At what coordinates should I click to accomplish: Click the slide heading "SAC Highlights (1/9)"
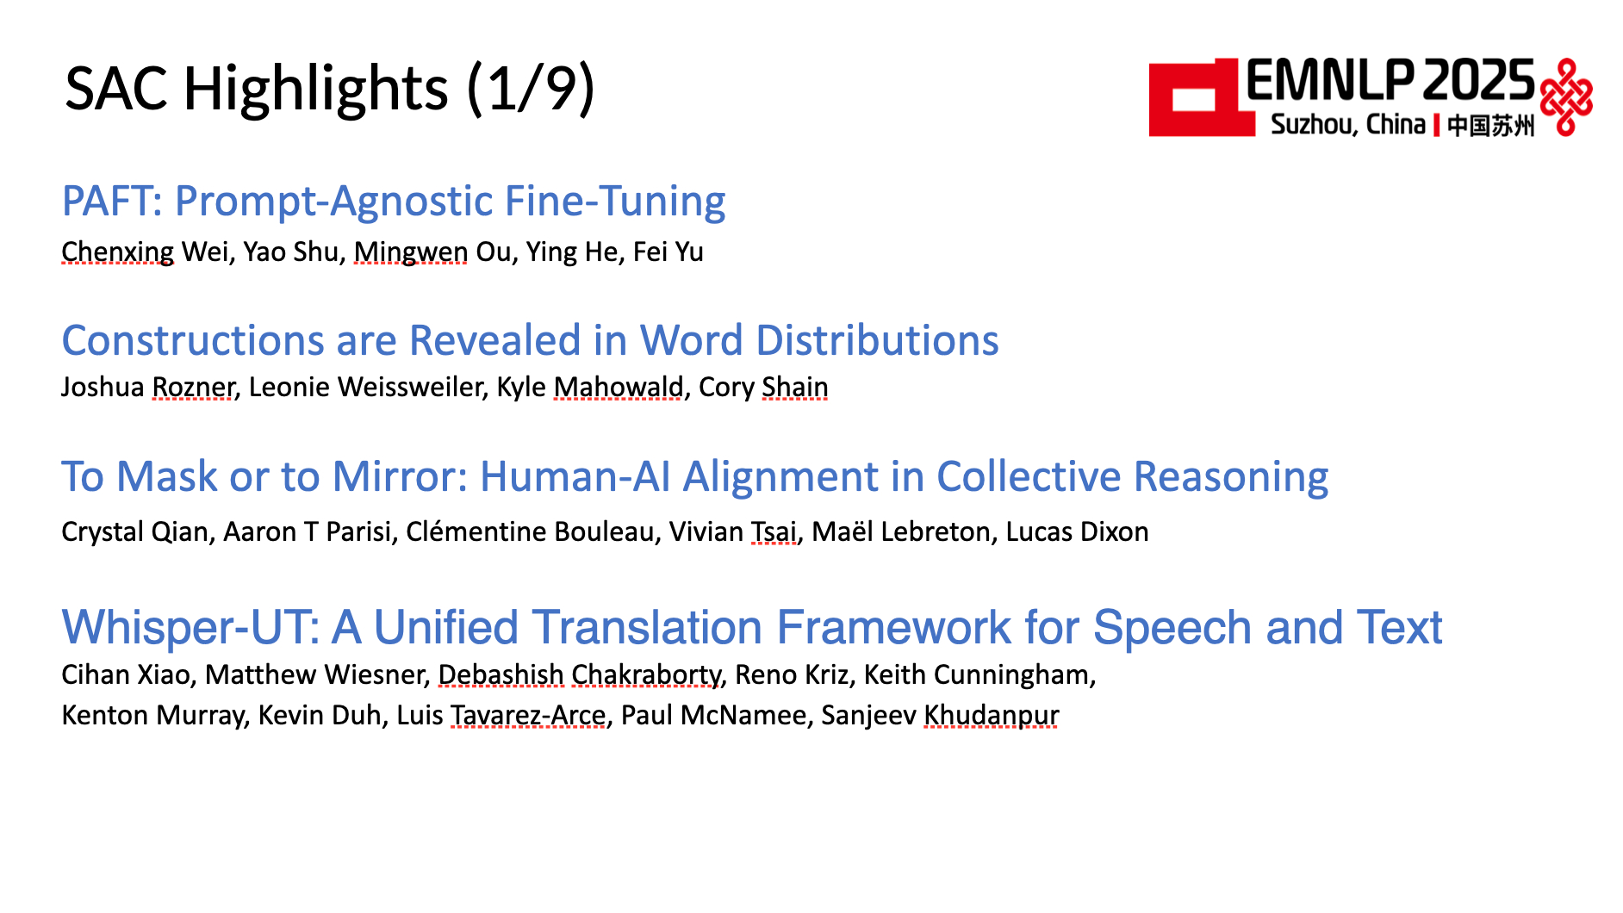point(330,89)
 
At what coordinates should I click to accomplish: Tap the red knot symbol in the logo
point(1565,97)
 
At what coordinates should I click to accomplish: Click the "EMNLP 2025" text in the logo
point(1390,81)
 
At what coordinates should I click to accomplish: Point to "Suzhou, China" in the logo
point(1348,125)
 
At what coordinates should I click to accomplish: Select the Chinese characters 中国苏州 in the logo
point(1490,126)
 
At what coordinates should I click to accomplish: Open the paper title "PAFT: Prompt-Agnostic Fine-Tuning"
point(394,202)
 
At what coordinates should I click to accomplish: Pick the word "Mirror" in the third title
point(400,476)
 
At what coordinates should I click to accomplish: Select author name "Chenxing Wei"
point(146,252)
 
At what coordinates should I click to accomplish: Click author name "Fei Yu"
point(668,252)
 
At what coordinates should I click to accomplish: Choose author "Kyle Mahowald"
point(590,387)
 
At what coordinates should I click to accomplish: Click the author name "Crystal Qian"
point(135,531)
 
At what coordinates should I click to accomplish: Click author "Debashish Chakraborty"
point(580,674)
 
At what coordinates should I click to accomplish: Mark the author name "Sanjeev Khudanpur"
point(940,715)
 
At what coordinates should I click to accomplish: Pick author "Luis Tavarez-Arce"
point(501,715)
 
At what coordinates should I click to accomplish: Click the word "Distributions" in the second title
point(877,340)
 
